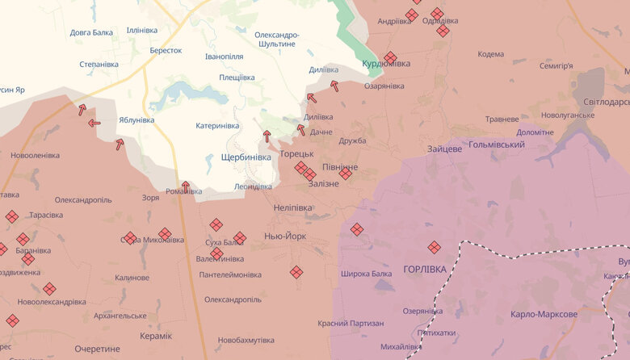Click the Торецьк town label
(x=290, y=153)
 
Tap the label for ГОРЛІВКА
(x=424, y=269)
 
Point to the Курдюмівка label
(x=386, y=64)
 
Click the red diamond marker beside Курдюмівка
(x=390, y=57)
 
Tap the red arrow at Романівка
(x=185, y=186)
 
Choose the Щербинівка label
(x=246, y=157)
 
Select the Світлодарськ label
(x=606, y=103)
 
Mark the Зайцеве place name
(x=445, y=149)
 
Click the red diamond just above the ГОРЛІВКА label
(x=435, y=247)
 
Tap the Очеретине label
(x=97, y=349)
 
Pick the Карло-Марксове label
(x=544, y=314)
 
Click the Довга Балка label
(x=91, y=33)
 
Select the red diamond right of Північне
(x=346, y=174)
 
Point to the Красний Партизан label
(x=351, y=323)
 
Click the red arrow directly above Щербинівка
(x=267, y=136)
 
